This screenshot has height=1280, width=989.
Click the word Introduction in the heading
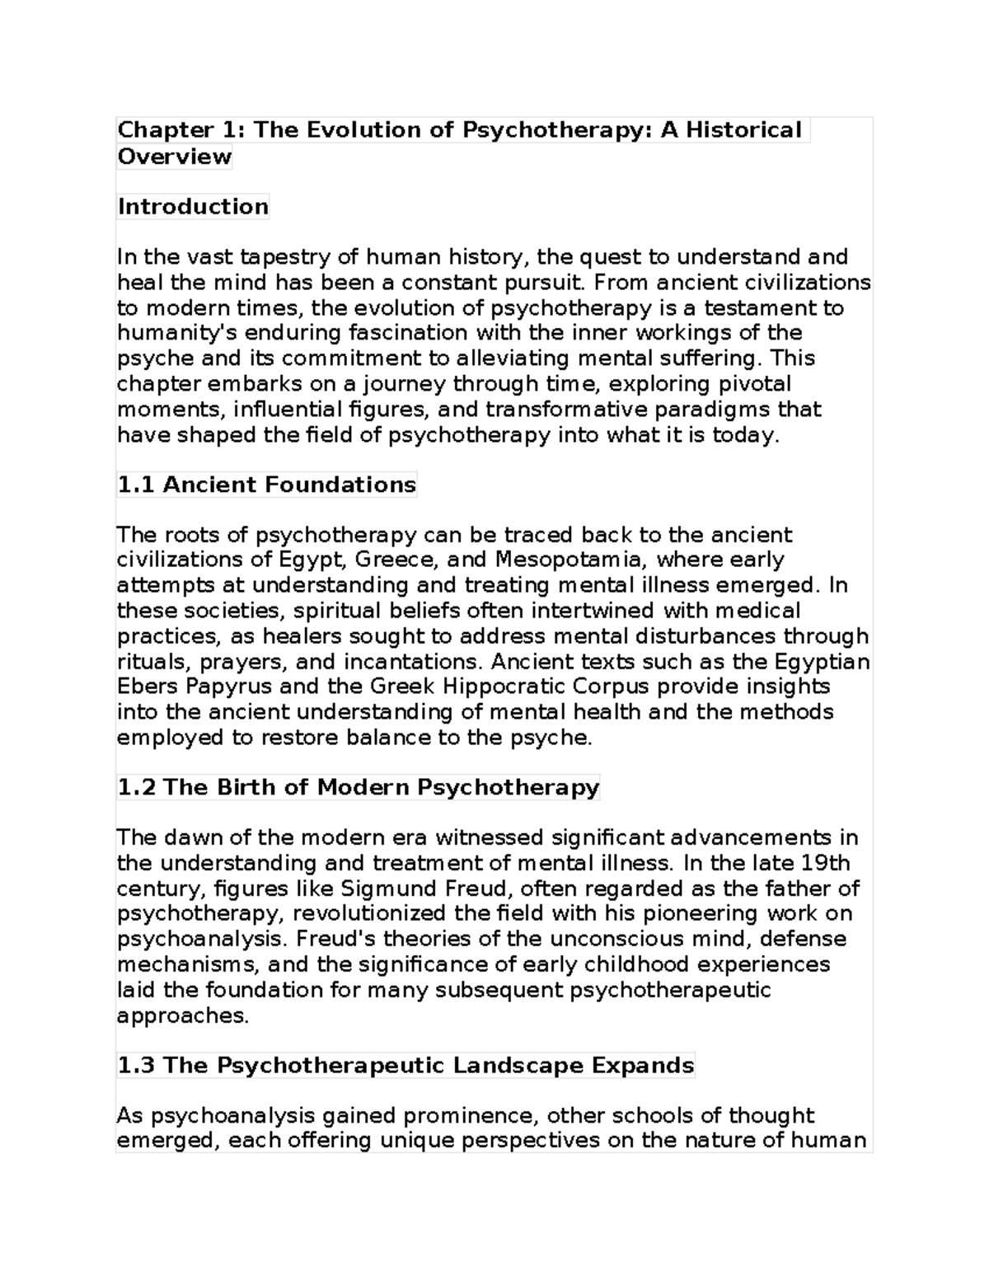pyautogui.click(x=193, y=206)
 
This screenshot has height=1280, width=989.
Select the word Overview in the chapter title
pyautogui.click(x=174, y=156)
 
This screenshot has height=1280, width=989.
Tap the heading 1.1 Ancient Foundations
pyautogui.click(x=266, y=484)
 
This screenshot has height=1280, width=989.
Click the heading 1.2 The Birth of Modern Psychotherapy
pyautogui.click(x=358, y=787)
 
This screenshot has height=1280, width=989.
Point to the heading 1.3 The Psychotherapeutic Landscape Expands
pyautogui.click(x=405, y=1065)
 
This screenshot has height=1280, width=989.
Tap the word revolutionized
pyautogui.click(x=371, y=913)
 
